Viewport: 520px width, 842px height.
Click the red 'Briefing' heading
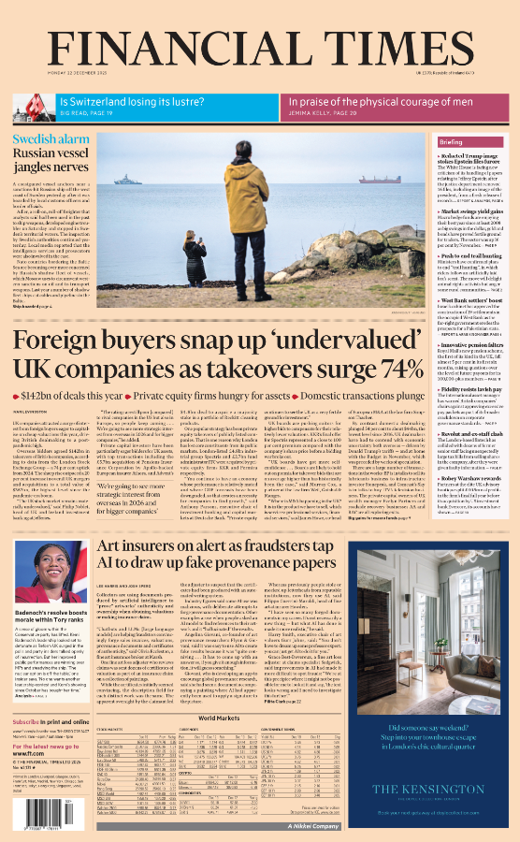pyautogui.click(x=451, y=141)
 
